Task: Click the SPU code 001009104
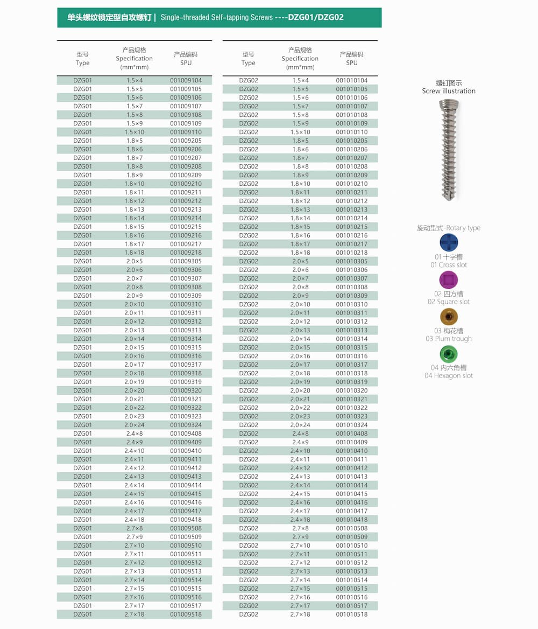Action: click(x=186, y=80)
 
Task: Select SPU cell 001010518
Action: click(x=351, y=614)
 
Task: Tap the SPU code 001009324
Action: click(x=186, y=425)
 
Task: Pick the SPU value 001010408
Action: click(x=351, y=434)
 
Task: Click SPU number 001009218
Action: click(x=186, y=253)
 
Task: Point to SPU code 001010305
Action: click(x=351, y=261)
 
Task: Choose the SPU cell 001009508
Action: click(x=186, y=528)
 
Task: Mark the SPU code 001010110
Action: click(x=351, y=132)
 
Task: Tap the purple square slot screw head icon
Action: click(x=448, y=279)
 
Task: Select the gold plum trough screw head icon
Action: click(x=448, y=317)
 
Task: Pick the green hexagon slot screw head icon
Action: click(x=448, y=354)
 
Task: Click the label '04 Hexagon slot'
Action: click(x=449, y=376)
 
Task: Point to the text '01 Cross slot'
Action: click(x=449, y=265)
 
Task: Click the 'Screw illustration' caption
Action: click(x=449, y=91)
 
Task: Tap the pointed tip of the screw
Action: click(x=449, y=198)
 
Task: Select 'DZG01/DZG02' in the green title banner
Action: click(x=316, y=17)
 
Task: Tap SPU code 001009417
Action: click(x=186, y=511)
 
